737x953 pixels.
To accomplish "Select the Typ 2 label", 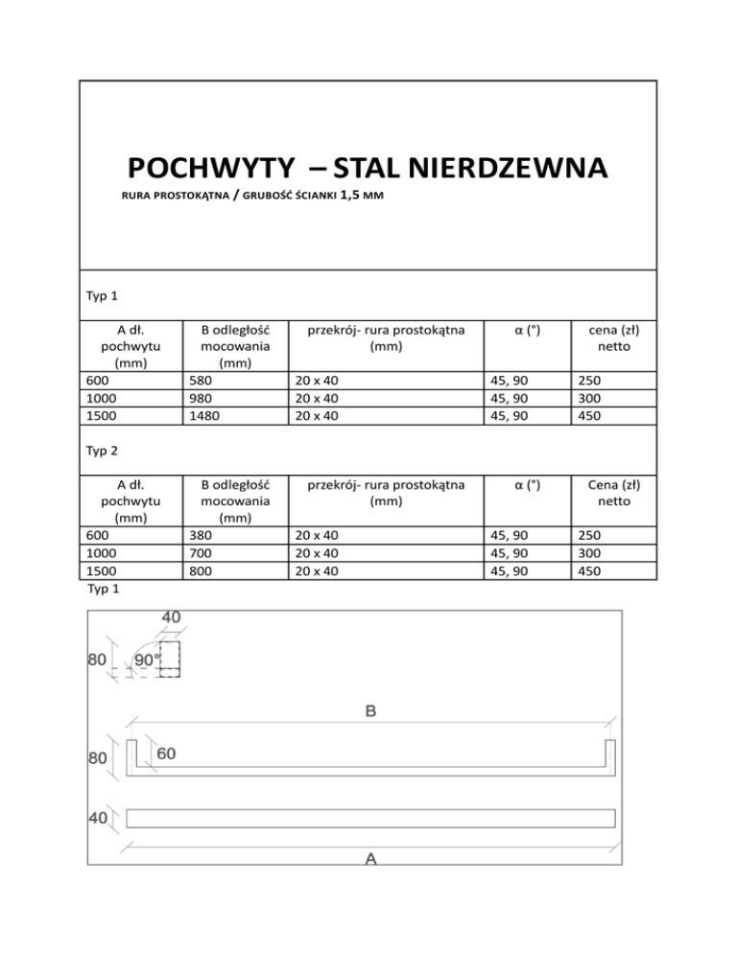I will pyautogui.click(x=101, y=450).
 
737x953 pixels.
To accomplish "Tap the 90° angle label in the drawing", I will pyautogui.click(x=147, y=661).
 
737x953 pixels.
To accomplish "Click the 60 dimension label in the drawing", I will pyautogui.click(x=165, y=754).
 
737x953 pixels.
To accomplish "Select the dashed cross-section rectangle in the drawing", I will pyautogui.click(x=171, y=659).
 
